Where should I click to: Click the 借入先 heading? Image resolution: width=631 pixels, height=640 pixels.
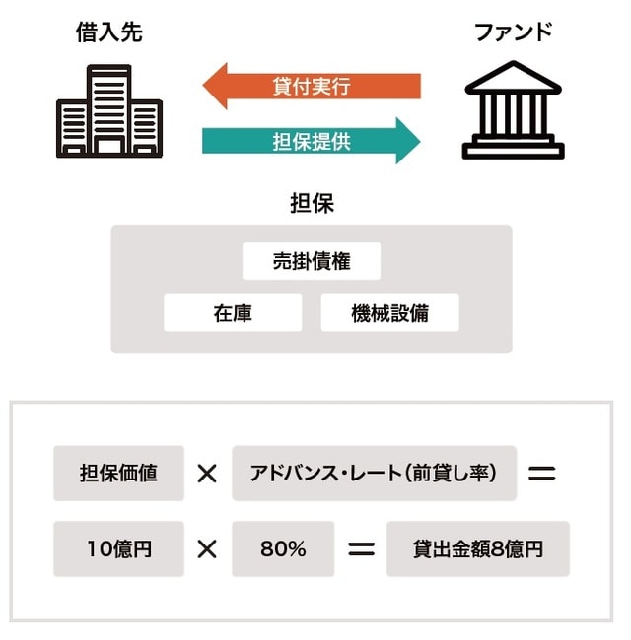click(109, 32)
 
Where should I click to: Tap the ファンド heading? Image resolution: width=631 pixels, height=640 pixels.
click(513, 32)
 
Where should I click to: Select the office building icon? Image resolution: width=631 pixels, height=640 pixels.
click(109, 110)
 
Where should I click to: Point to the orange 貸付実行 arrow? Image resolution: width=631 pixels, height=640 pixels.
click(312, 87)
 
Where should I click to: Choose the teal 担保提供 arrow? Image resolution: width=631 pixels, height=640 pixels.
click(312, 141)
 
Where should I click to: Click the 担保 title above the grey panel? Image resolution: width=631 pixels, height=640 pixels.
click(312, 204)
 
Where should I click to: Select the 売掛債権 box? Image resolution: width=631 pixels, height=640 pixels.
click(312, 262)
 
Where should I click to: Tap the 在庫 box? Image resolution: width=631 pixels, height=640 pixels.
click(233, 313)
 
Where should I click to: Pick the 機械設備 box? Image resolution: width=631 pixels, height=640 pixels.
click(390, 313)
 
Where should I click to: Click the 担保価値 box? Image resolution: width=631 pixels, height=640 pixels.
click(118, 472)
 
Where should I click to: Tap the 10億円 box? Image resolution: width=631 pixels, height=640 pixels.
click(118, 548)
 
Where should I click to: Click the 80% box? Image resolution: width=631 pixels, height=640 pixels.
click(283, 548)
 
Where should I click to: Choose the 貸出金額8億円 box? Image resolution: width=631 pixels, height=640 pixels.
click(478, 548)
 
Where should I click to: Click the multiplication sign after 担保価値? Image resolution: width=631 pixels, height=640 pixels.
click(207, 473)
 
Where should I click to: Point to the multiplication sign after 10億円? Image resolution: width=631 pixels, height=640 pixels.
click(207, 549)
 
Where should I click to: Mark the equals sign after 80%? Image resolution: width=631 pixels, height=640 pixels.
click(362, 549)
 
